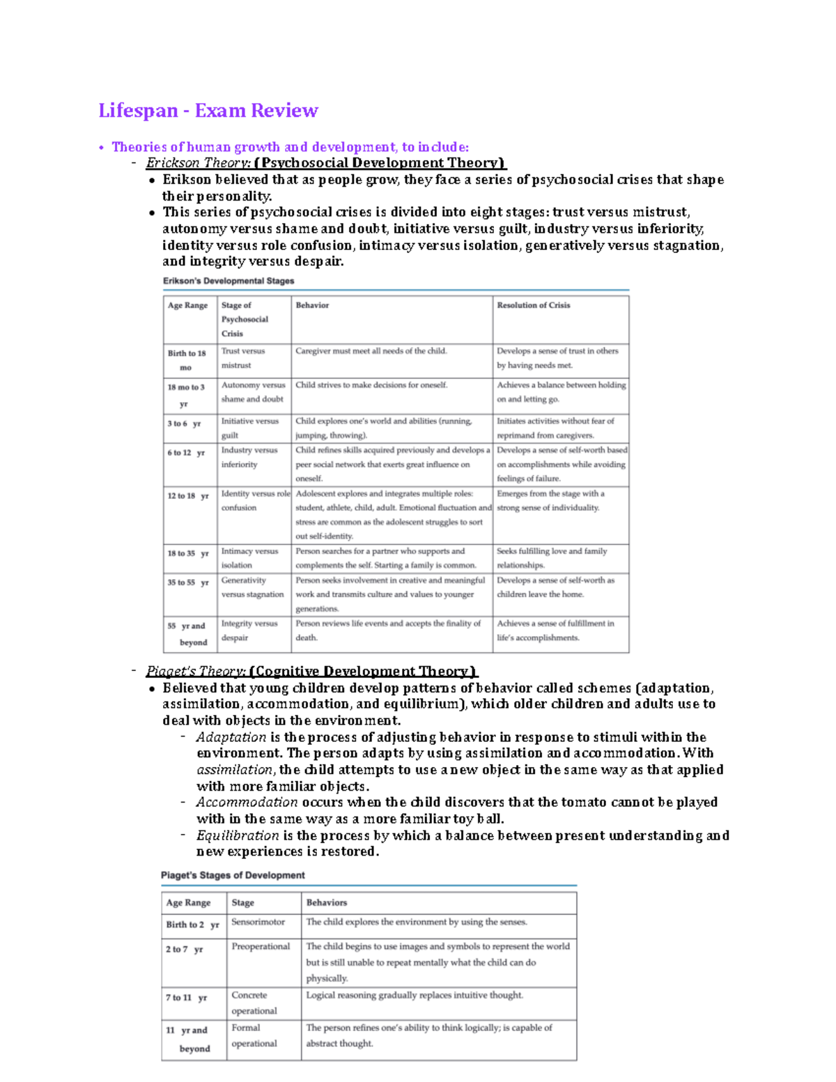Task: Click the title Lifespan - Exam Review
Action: pos(208,110)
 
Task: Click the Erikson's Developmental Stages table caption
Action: pos(229,281)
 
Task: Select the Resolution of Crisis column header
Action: pos(533,305)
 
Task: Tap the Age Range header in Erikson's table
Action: pos(187,305)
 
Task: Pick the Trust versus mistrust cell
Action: pos(243,358)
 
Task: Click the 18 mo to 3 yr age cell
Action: pos(185,395)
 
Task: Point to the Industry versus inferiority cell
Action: pos(249,457)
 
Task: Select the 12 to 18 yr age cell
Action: pos(187,496)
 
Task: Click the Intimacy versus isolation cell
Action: pos(249,558)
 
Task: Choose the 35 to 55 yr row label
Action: pos(187,582)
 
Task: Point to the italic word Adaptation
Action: pos(231,736)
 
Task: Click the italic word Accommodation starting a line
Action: pos(247,802)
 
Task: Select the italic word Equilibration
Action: pos(238,835)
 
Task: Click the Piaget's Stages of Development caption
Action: pos(233,875)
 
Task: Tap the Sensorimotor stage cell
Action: pos(258,922)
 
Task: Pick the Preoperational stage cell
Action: pos(261,946)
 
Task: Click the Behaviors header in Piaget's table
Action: pos(326,902)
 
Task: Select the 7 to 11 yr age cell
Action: pos(186,998)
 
